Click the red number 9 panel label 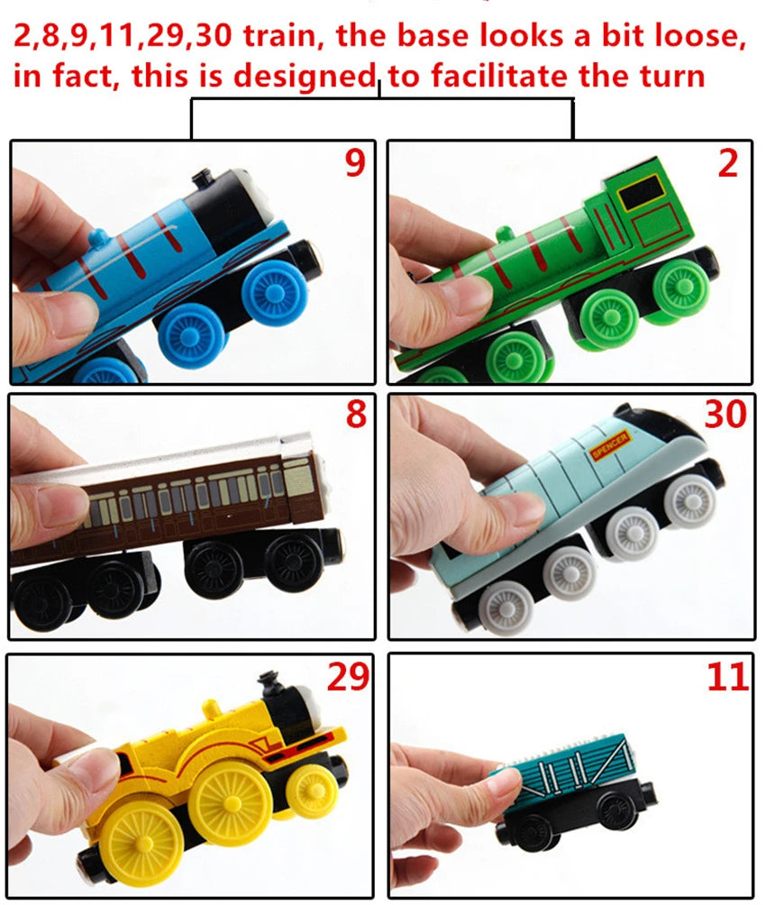pyautogui.click(x=355, y=163)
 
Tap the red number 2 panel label pyautogui.click(x=727, y=163)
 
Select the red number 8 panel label pyautogui.click(x=356, y=415)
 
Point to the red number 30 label pyautogui.click(x=725, y=415)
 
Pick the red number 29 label pyautogui.click(x=348, y=676)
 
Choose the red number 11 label pyautogui.click(x=727, y=677)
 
